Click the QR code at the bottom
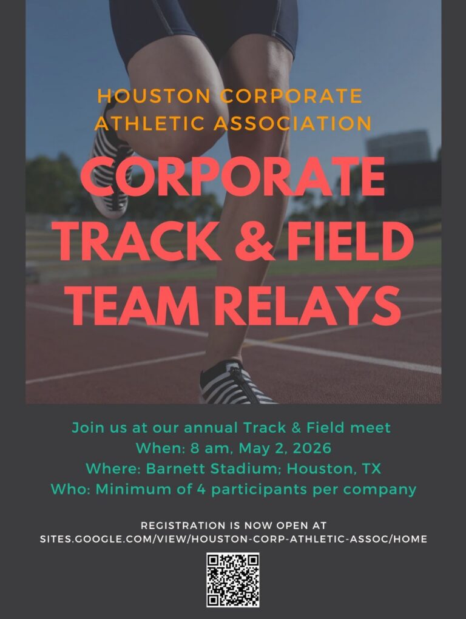(233, 580)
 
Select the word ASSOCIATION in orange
(293, 123)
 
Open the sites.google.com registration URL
(233, 539)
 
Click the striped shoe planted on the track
(238, 384)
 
